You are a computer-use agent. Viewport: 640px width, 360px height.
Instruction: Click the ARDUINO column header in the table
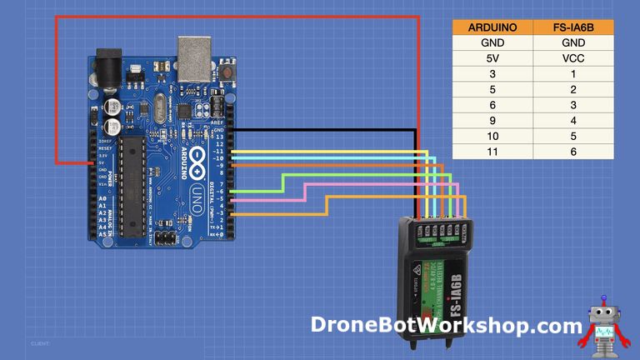[x=492, y=27]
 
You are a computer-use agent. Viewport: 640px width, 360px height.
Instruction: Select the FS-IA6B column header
[x=573, y=27]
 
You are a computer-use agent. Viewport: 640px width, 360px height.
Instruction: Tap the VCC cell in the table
[x=573, y=58]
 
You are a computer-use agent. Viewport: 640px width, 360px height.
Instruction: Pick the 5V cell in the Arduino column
[x=492, y=58]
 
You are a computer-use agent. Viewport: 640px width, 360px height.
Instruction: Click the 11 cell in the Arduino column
[x=492, y=152]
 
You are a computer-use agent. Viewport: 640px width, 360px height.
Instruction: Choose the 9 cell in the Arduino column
[x=492, y=121]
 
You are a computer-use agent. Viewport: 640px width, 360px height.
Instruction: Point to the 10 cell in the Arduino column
[x=492, y=136]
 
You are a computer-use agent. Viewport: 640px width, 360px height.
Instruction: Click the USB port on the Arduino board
[x=193, y=54]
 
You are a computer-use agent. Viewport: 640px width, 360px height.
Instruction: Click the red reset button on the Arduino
[x=227, y=73]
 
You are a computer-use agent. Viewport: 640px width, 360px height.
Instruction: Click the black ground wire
[x=333, y=131]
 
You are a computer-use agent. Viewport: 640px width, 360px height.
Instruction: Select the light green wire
[x=358, y=174]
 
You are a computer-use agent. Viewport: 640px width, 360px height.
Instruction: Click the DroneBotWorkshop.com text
[x=447, y=325]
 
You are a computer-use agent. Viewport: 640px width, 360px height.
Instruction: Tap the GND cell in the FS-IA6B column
[x=573, y=42]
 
